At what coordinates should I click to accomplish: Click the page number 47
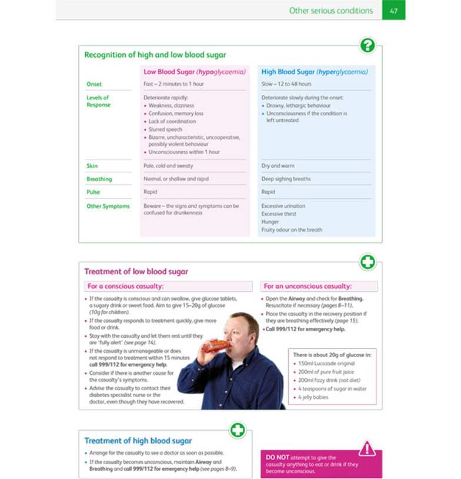pos(393,11)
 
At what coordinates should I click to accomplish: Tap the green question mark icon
pos(368,45)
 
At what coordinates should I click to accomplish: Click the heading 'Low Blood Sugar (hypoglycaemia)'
pos(195,72)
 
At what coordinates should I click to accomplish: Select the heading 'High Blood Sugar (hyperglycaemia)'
pos(315,72)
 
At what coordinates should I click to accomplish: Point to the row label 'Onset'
pos(94,84)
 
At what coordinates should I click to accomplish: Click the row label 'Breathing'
pos(99,179)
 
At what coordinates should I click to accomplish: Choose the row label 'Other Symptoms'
pos(108,207)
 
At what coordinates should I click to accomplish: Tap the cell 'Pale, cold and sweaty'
pos(168,166)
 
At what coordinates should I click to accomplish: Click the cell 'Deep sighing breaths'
pos(286,179)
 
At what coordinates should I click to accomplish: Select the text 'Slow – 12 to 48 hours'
pos(286,84)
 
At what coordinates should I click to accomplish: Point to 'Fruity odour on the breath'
pos(292,230)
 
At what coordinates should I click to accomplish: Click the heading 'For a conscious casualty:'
pos(125,287)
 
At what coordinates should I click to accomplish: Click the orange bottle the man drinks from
pos(216,345)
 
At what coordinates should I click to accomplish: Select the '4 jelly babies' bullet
pos(313,397)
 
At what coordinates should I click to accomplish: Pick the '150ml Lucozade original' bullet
pos(326,364)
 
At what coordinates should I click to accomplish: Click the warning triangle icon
pos(367,448)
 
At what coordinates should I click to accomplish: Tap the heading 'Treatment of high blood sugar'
pos(138,441)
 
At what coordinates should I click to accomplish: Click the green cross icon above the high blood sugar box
pos(238,430)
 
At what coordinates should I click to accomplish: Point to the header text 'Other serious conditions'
pos(330,11)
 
